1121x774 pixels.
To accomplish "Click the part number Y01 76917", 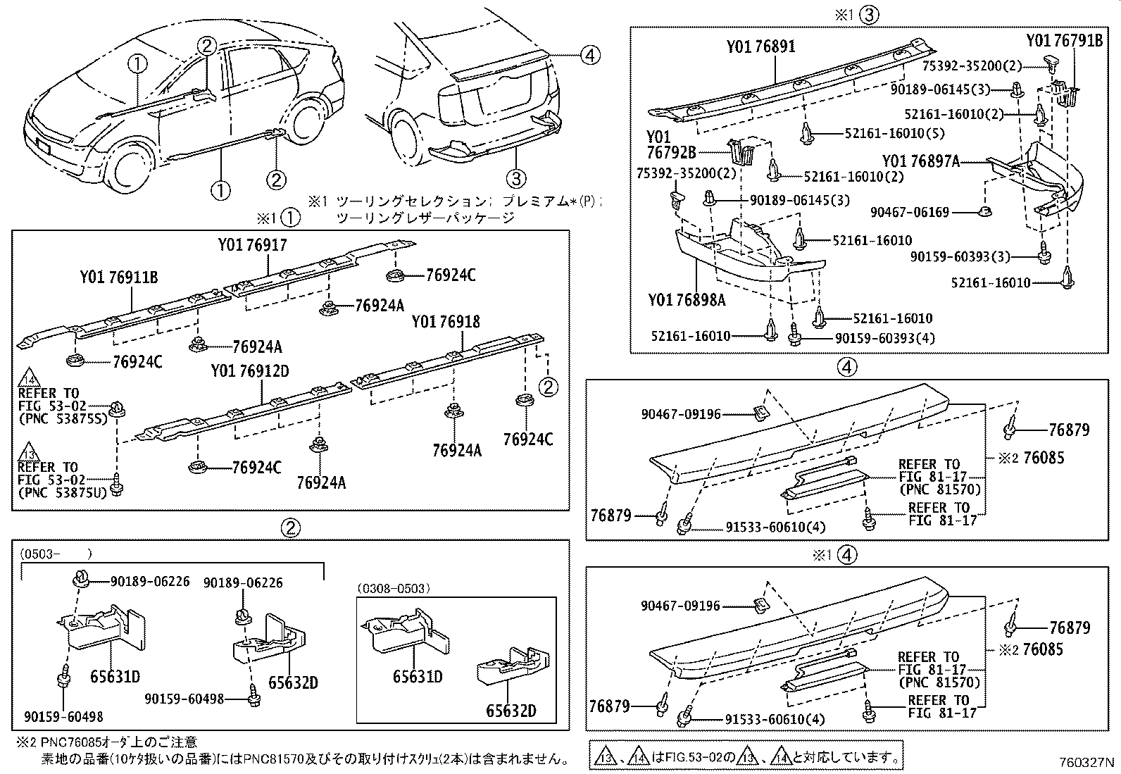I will [x=252, y=245].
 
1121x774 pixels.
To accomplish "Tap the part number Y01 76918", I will [x=446, y=322].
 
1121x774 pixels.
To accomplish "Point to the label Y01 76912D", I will [x=250, y=371].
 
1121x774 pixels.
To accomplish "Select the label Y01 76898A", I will [x=687, y=301].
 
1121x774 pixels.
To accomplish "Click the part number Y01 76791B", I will [x=1064, y=40].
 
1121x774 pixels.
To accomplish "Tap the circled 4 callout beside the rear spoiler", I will [x=590, y=54].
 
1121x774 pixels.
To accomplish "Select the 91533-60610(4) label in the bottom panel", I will [x=775, y=720].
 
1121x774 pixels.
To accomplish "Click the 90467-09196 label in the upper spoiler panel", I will [x=681, y=414].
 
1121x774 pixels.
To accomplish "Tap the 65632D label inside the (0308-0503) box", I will [x=511, y=711].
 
